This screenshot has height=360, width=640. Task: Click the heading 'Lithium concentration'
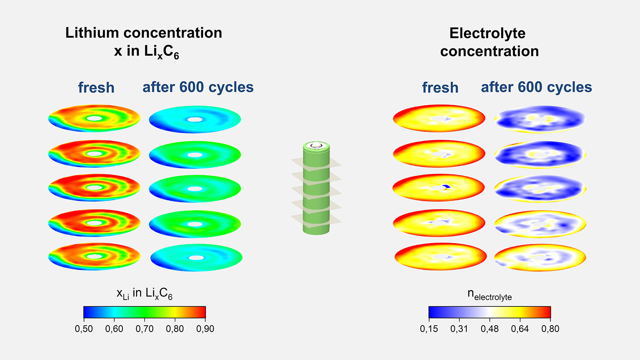point(144,33)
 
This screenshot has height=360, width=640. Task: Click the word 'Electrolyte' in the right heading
point(487,33)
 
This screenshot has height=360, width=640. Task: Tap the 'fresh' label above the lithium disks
point(96,88)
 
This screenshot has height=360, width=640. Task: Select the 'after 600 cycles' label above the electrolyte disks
point(536,87)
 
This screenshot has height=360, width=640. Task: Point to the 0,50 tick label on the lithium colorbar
point(84,329)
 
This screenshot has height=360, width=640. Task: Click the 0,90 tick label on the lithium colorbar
point(205,329)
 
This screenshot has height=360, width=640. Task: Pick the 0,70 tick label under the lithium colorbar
point(144,329)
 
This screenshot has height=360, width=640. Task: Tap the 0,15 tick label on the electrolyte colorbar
point(429,329)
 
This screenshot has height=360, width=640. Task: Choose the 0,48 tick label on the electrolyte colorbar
point(490,329)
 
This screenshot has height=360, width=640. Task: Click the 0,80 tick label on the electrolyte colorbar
point(550,329)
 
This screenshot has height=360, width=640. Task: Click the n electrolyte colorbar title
point(490,295)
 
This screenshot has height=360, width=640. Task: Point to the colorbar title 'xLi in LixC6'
point(144,294)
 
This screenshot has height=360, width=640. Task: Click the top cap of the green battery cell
point(316,146)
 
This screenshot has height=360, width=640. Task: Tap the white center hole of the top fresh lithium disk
point(94,118)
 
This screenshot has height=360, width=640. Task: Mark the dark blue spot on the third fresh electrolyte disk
point(446,186)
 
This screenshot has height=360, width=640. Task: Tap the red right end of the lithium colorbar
point(203,312)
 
